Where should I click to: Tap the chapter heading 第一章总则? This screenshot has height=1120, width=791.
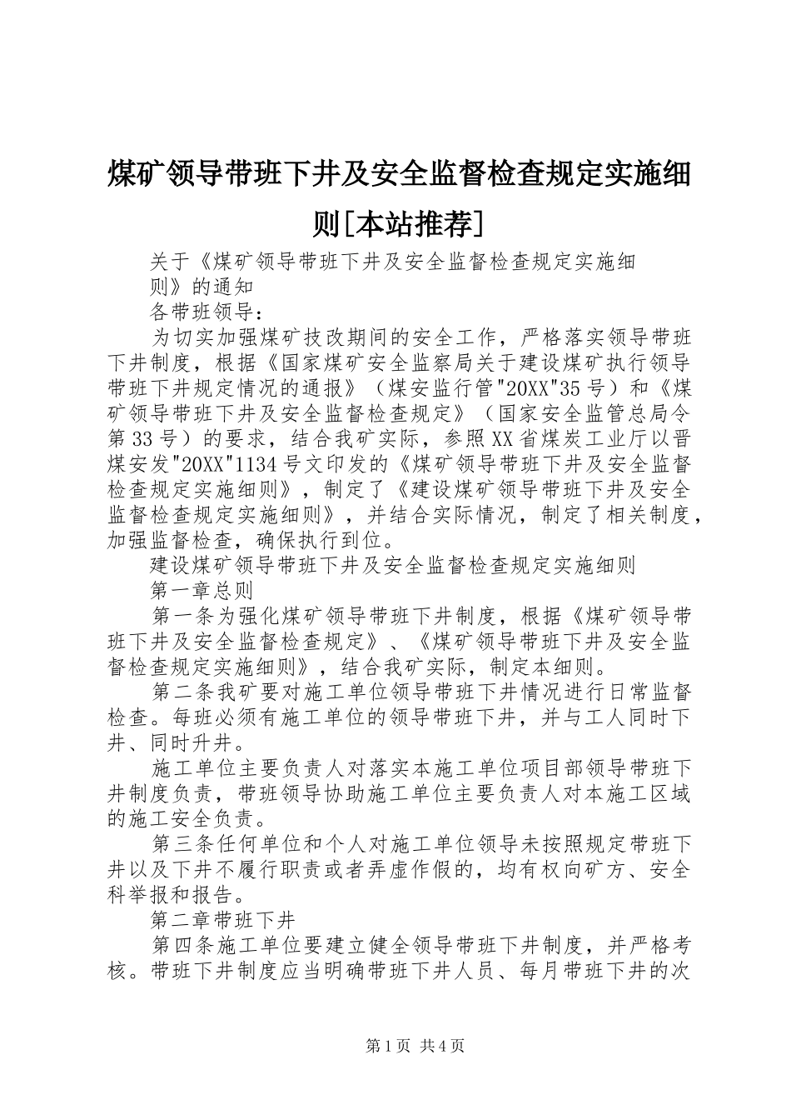[x=201, y=591]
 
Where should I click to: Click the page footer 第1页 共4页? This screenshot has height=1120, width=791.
[x=415, y=1046]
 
